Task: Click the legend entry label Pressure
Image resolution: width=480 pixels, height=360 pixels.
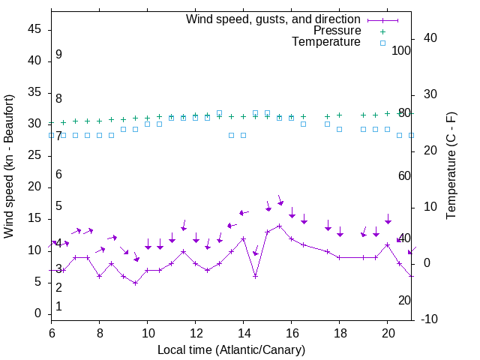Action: pyautogui.click(x=337, y=31)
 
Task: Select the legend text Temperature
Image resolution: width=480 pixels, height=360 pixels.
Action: pyautogui.click(x=326, y=42)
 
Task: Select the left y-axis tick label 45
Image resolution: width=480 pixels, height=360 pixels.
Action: pyautogui.click(x=34, y=29)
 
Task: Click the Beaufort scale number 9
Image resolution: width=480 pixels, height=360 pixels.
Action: pyautogui.click(x=58, y=55)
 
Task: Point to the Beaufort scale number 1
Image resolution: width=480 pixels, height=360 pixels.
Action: pyautogui.click(x=58, y=306)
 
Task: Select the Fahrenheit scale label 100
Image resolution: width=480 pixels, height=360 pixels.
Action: pyautogui.click(x=402, y=50)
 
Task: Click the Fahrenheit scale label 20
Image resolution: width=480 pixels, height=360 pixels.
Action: pyautogui.click(x=404, y=300)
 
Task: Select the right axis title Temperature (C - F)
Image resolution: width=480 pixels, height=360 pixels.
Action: pyautogui.click(x=451, y=166)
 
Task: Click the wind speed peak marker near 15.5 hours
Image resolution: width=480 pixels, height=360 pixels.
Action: pyautogui.click(x=279, y=226)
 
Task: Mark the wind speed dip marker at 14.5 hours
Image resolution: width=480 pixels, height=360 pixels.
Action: pyautogui.click(x=255, y=276)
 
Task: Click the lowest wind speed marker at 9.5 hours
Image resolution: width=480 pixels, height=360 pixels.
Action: pyautogui.click(x=135, y=283)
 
